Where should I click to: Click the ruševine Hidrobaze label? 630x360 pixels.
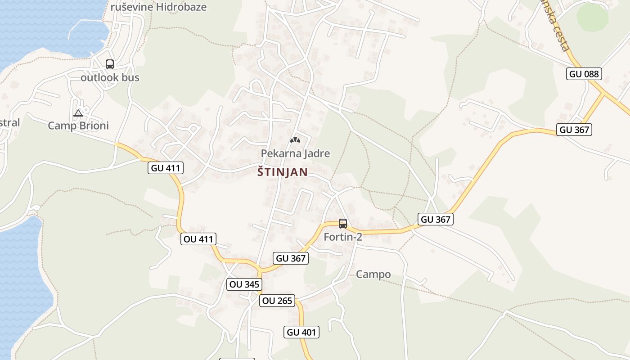point(158,7)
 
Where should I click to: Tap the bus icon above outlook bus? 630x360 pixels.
point(110,64)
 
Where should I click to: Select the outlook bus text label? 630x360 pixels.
point(110,77)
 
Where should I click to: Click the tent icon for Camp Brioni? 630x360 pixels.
point(78,113)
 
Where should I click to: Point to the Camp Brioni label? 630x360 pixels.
point(78,126)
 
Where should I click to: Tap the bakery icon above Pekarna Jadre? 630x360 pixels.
point(295,140)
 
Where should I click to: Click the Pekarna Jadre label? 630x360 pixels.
point(295,153)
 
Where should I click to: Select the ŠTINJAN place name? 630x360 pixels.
point(283,172)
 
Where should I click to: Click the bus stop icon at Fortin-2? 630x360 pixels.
point(343,223)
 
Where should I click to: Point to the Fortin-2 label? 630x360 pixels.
point(343,237)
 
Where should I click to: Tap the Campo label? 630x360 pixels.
point(373,274)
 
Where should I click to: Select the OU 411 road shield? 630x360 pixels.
point(198,239)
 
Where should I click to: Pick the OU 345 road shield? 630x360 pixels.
point(244,284)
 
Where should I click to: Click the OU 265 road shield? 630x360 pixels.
point(277,301)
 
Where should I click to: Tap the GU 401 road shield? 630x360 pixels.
point(301,333)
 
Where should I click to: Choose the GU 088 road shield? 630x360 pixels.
point(584,74)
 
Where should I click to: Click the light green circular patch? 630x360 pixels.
point(592,18)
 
